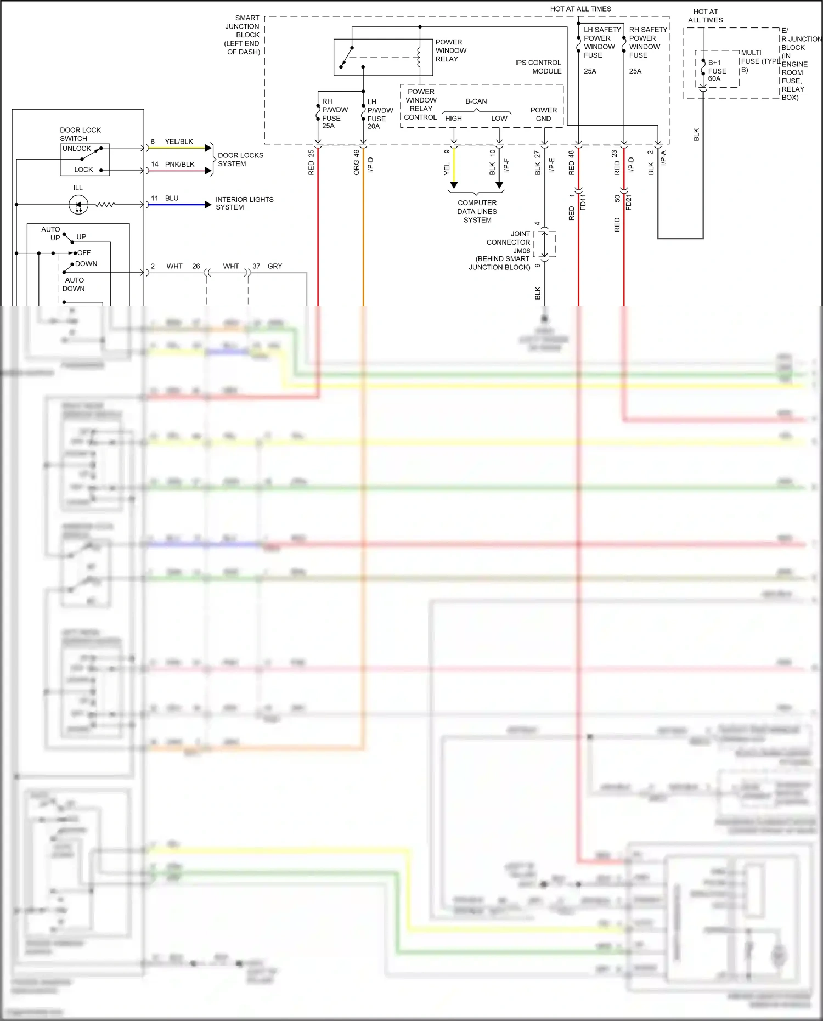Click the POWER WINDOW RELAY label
point(450,50)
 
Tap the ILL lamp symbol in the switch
point(78,205)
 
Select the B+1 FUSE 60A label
point(717,71)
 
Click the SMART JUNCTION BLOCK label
point(243,35)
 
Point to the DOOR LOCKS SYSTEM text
point(240,160)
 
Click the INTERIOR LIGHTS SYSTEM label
point(244,203)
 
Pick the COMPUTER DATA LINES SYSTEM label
point(477,211)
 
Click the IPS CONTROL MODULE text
point(538,67)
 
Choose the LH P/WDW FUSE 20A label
point(379,114)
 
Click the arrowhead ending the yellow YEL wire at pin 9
point(454,185)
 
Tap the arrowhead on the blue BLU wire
point(208,205)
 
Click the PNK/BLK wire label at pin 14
point(179,165)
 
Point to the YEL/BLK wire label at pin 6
point(179,142)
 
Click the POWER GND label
point(543,114)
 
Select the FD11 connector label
point(583,202)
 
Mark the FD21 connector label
point(629,202)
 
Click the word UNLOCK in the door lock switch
point(77,149)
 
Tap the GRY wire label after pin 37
point(275,266)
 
